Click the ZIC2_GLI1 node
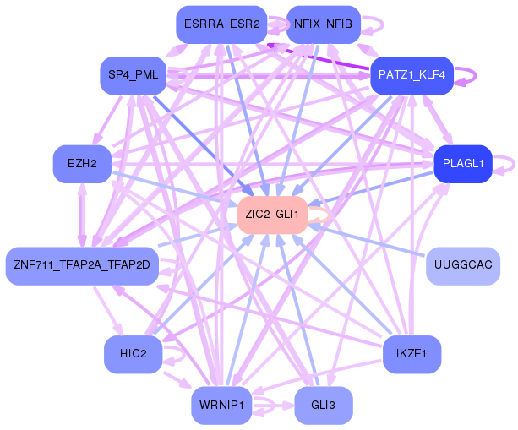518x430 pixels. (x=273, y=215)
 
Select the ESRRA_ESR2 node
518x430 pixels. (x=221, y=24)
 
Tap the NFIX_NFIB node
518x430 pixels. (x=324, y=24)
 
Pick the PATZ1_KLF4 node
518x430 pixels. (x=412, y=75)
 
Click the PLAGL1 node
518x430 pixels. (x=463, y=164)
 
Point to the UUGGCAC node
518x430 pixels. (x=463, y=266)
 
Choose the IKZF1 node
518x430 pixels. (x=412, y=354)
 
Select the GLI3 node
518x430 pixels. (x=324, y=406)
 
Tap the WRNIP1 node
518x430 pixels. (x=221, y=406)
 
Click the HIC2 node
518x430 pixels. (x=134, y=354)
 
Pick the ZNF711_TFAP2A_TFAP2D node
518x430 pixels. (x=82, y=266)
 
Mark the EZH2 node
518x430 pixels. (x=82, y=164)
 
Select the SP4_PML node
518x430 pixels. (x=134, y=75)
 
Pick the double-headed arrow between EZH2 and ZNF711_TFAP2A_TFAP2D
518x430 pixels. (x=82, y=215)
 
